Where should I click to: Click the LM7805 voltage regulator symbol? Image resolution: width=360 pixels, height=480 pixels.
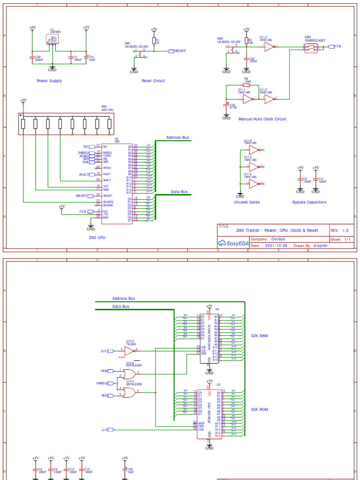[x=53, y=40]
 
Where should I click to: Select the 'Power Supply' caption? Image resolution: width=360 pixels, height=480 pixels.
[x=49, y=81]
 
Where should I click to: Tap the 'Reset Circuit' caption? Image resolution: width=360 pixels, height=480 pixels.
[x=153, y=81]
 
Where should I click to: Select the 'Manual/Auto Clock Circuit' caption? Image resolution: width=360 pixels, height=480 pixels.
[x=262, y=119]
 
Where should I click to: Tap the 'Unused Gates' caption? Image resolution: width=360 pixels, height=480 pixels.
[x=247, y=202]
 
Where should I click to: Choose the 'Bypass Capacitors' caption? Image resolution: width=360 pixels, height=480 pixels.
[x=309, y=202]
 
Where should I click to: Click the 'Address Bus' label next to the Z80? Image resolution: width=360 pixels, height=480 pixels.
[x=178, y=138]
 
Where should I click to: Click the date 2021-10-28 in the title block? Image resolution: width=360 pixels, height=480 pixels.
[x=276, y=245]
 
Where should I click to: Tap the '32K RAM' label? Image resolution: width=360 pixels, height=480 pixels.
[x=260, y=336]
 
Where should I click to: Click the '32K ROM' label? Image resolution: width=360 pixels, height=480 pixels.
[x=260, y=409]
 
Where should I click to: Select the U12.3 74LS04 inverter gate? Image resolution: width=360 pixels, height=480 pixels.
[x=129, y=350]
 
